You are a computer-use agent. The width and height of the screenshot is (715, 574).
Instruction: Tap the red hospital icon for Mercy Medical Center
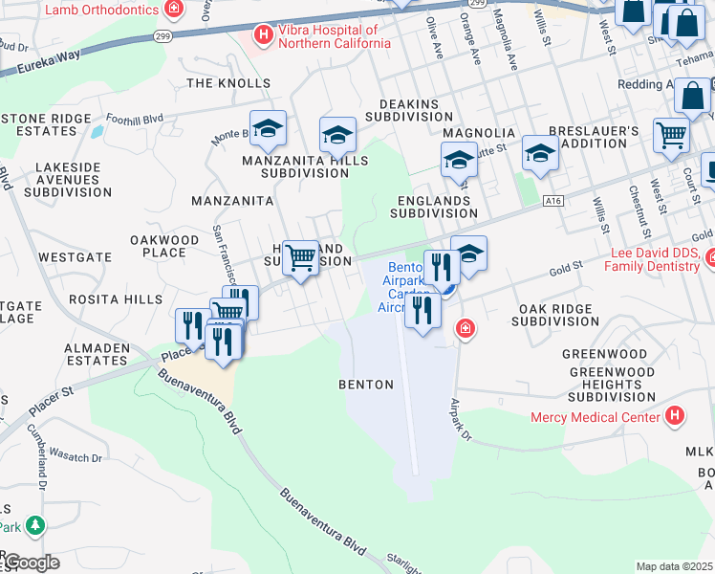(676, 415)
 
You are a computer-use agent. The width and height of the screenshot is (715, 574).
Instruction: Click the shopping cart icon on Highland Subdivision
(301, 256)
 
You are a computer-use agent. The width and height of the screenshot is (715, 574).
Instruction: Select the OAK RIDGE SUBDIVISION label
(554, 316)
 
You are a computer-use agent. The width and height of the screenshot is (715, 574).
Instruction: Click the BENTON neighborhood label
(366, 385)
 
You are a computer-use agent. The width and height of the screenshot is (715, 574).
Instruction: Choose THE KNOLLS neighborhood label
(228, 83)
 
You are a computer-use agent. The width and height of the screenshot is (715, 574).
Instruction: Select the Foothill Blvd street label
(135, 120)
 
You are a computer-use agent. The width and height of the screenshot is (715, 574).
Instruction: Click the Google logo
(32, 563)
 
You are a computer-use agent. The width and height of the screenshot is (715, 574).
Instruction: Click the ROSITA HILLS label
(123, 299)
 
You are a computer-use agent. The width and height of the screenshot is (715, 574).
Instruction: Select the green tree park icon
(35, 524)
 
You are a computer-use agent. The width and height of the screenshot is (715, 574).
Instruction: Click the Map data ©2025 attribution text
(673, 566)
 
